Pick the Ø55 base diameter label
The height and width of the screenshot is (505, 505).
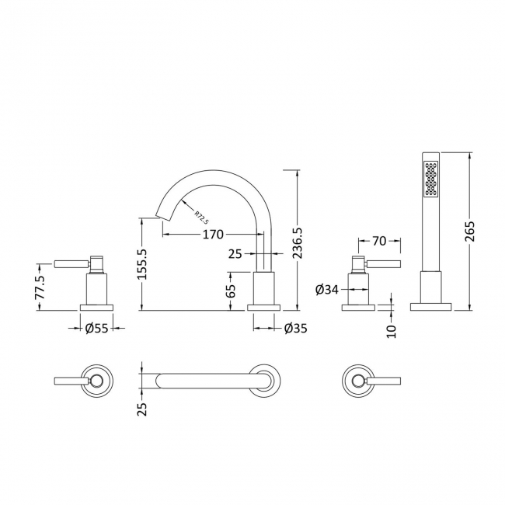[x=97, y=329]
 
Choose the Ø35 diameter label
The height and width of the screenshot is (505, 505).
[x=294, y=329]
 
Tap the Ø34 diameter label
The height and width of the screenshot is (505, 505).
[x=327, y=290]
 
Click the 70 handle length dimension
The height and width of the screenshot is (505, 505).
[x=380, y=242]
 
